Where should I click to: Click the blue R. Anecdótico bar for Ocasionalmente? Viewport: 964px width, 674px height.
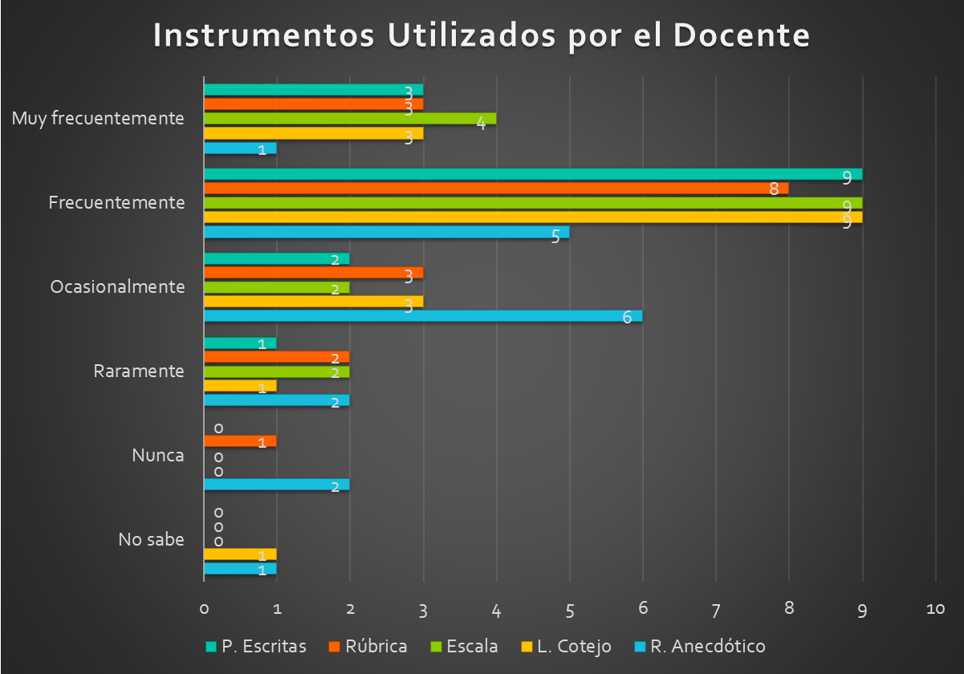coord(423,316)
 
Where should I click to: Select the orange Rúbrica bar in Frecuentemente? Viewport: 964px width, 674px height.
coord(496,189)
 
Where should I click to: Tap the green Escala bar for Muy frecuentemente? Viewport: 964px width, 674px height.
coord(350,118)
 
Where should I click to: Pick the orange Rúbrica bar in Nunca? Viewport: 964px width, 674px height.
coord(240,441)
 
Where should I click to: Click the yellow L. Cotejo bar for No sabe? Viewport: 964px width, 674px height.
coord(240,554)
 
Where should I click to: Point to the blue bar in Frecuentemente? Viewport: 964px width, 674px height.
coord(387,232)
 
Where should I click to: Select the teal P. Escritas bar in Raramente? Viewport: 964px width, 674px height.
coord(240,343)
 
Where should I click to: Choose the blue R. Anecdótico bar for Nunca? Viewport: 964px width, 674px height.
coord(277,485)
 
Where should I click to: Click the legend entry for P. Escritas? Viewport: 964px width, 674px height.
coord(256,647)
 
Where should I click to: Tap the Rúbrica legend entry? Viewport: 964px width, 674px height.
coord(368,647)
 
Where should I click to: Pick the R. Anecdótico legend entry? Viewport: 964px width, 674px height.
coord(699,647)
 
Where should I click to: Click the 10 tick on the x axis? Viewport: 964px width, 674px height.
coord(936,610)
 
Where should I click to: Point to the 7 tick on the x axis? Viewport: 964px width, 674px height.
coord(716,610)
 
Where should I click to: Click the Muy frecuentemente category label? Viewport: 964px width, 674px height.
coord(98,119)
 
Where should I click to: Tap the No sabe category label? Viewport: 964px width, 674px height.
coord(151,539)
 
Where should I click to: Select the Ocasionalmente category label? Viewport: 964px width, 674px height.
coord(117,286)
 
